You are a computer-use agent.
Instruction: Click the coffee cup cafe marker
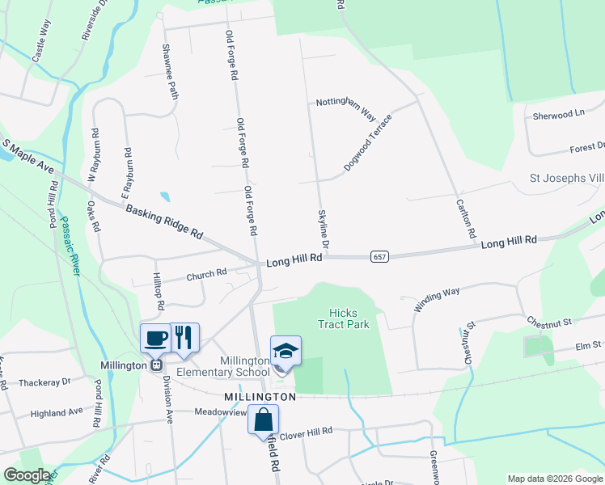(154, 338)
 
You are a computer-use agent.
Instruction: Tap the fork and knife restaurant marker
(184, 338)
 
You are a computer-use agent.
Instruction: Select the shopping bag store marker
(263, 420)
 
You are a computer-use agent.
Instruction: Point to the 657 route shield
(379, 256)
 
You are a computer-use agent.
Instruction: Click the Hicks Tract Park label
(349, 318)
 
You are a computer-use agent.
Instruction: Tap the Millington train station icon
(154, 365)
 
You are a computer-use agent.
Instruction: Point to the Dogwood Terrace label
(368, 141)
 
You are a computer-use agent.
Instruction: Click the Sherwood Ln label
(558, 115)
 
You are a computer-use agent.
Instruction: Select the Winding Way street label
(437, 299)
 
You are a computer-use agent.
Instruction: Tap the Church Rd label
(206, 275)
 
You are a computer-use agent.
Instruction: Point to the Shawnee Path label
(171, 72)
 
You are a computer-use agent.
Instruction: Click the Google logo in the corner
(27, 475)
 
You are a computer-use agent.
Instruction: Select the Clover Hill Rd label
(307, 432)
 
